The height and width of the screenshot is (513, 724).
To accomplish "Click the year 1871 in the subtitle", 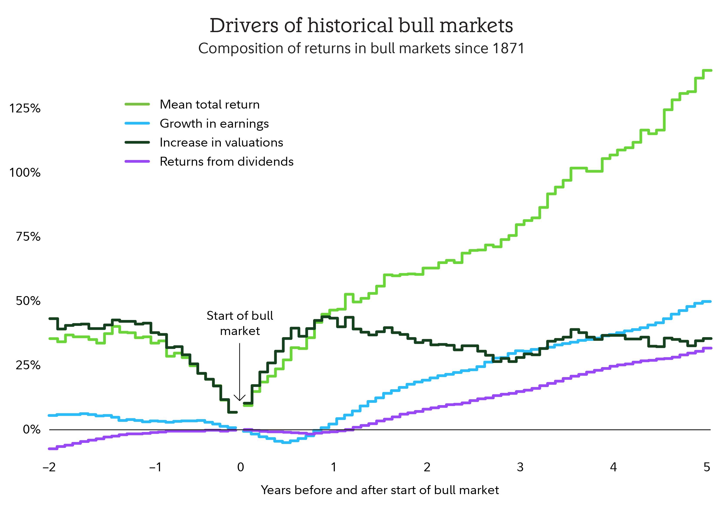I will click(508, 48).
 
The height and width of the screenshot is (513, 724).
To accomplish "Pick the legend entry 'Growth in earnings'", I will click(214, 124).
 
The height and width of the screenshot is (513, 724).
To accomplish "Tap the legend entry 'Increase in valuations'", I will click(221, 142).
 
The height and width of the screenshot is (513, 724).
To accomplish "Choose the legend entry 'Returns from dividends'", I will click(226, 162).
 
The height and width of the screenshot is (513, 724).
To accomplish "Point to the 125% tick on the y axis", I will click(25, 108).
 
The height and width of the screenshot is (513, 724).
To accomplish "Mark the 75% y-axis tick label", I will click(28, 237).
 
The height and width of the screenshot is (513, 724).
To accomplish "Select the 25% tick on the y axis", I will click(28, 365).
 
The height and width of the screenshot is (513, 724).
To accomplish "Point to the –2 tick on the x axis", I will click(49, 467).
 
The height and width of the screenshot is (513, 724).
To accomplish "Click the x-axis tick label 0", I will click(240, 467).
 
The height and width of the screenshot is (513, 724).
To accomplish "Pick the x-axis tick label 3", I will click(520, 467).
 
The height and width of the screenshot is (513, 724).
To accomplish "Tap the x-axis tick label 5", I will click(707, 467).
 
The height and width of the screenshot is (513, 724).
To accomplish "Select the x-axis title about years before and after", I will click(380, 490).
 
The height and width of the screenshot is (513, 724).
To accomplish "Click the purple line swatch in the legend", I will click(137, 162).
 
